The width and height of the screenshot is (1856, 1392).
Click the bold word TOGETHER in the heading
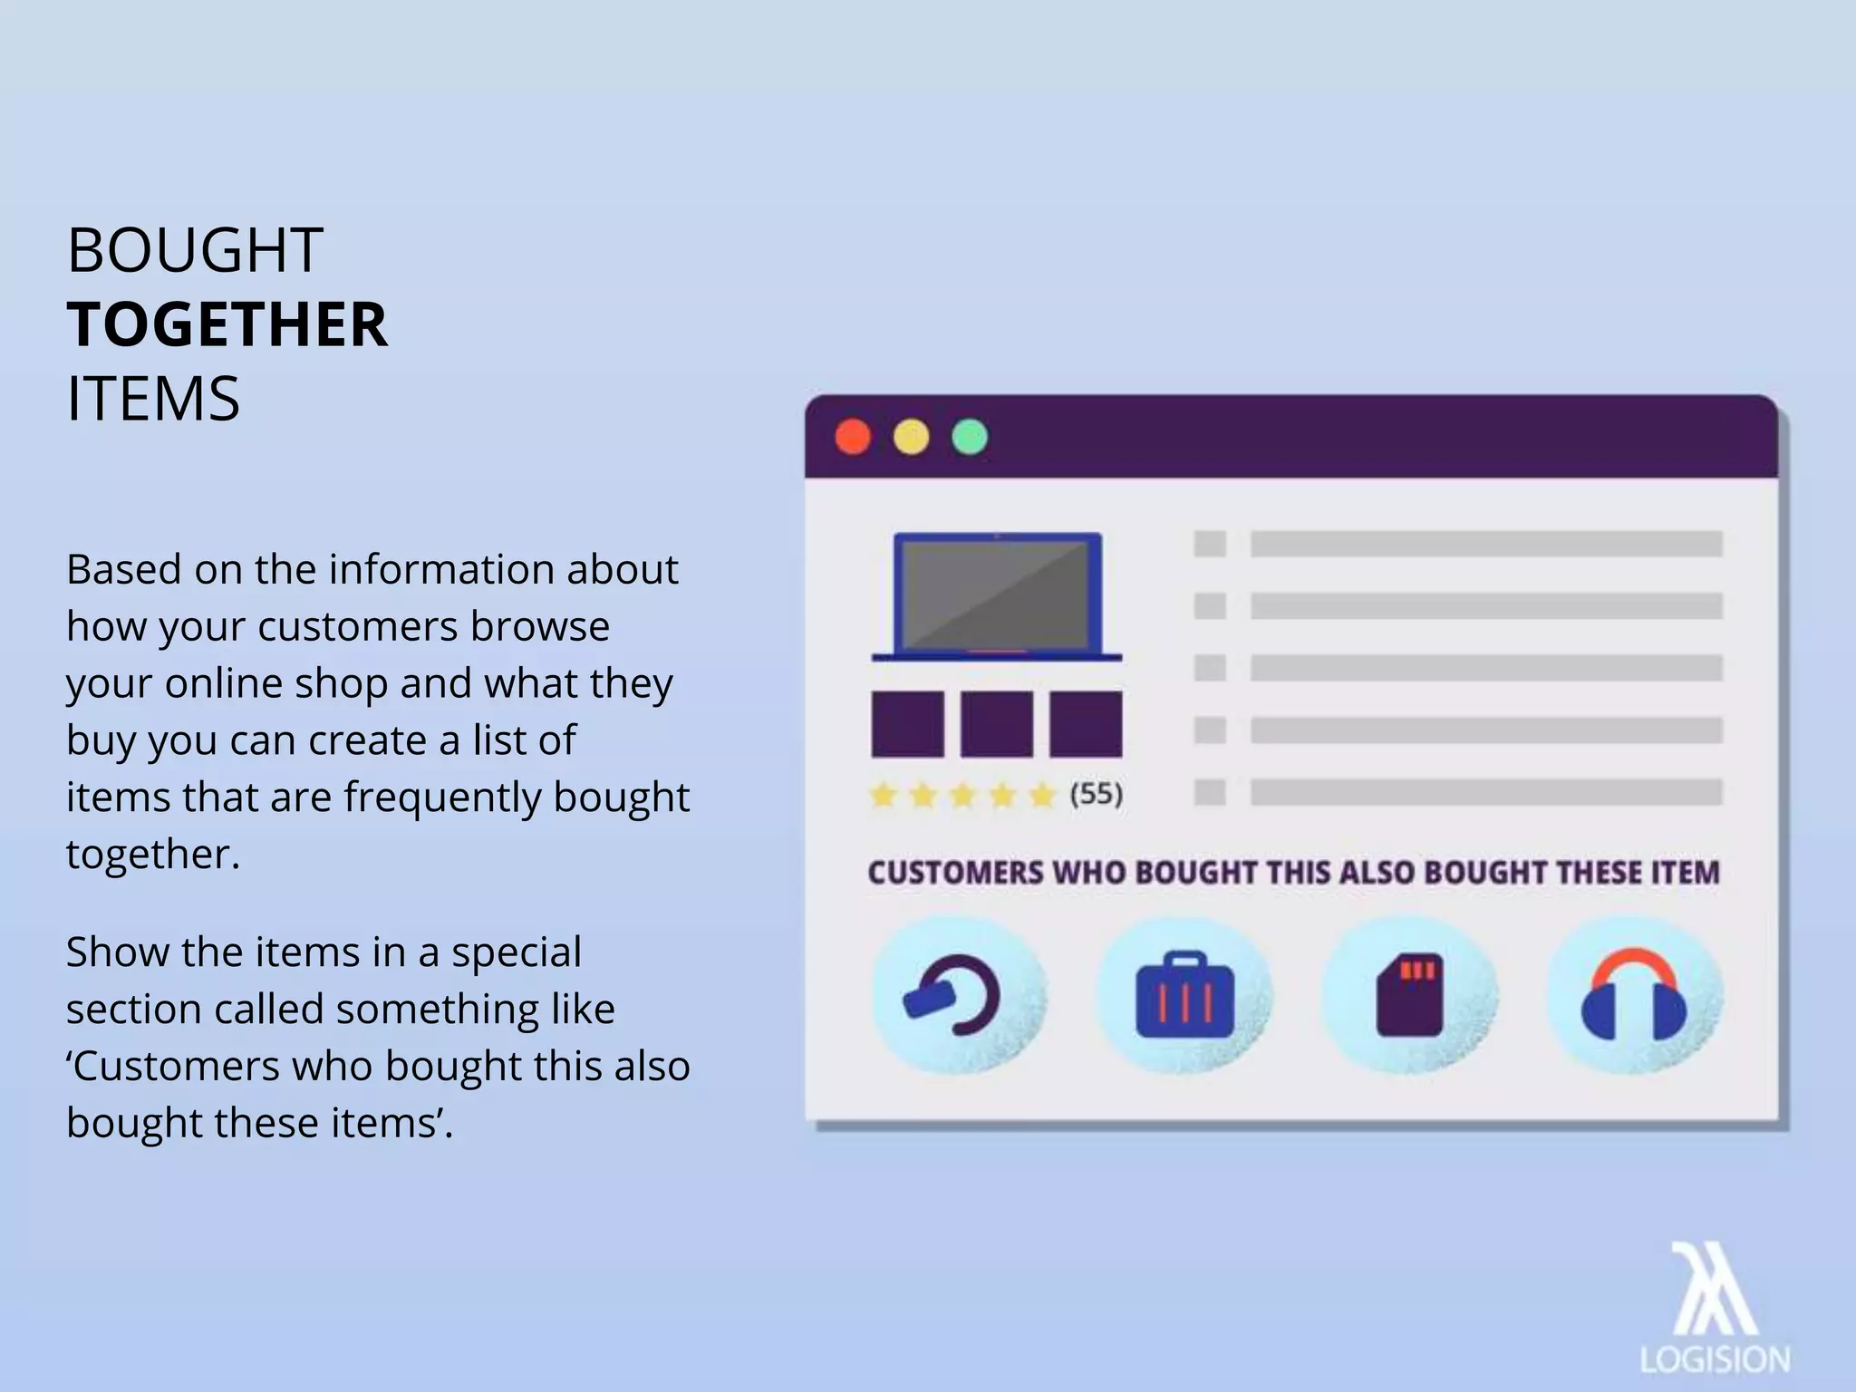[x=227, y=324]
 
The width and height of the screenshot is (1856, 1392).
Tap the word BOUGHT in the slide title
[x=195, y=250]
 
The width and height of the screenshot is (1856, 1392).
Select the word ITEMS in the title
[x=153, y=399]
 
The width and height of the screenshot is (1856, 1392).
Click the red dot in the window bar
[x=853, y=437]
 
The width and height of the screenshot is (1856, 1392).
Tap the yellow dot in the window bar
[x=911, y=437]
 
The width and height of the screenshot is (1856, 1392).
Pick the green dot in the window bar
[x=970, y=437]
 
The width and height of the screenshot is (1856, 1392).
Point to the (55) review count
[x=1096, y=795]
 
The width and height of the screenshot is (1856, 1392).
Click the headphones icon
[x=1633, y=995]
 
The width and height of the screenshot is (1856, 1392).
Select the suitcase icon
[x=1184, y=995]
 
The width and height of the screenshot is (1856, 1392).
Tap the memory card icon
[x=1409, y=995]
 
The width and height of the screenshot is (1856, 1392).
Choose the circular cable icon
[x=957, y=995]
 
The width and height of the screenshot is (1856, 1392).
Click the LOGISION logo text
[x=1715, y=1359]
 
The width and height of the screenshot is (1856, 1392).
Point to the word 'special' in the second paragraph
[x=516, y=952]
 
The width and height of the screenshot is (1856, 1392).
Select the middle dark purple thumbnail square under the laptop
[x=996, y=723]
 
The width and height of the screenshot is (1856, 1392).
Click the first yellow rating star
[x=883, y=796]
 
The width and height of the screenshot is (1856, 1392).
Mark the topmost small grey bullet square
[x=1210, y=544]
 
